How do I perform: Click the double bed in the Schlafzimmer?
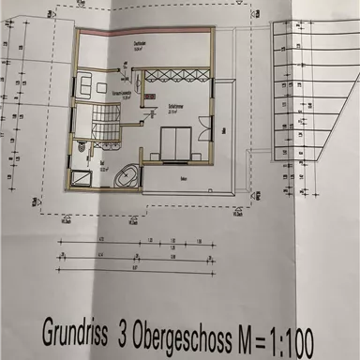click(175, 145)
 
